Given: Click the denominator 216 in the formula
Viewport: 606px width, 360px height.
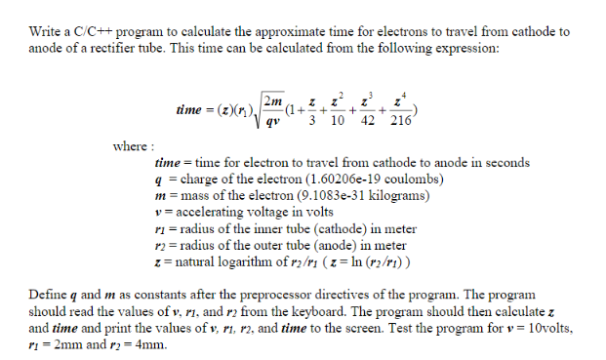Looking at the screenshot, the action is pyautogui.click(x=401, y=121).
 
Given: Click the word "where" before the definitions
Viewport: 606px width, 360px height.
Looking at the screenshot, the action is pyautogui.click(x=128, y=146).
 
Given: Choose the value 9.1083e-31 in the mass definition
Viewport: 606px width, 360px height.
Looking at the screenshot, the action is pyautogui.click(x=300, y=195).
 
